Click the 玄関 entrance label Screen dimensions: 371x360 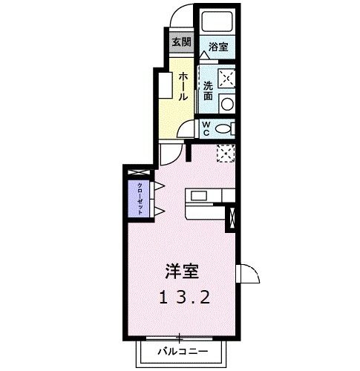pyautogui.click(x=180, y=42)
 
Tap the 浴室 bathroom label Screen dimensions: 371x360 pyautogui.click(x=217, y=47)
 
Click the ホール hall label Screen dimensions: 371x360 pyautogui.click(x=183, y=86)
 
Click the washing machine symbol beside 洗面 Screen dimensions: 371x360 pyautogui.click(x=226, y=77)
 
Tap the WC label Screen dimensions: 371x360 pyautogui.click(x=208, y=127)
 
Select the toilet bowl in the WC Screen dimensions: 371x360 pyautogui.click(x=224, y=128)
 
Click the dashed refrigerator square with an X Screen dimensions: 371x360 pyautogui.click(x=226, y=152)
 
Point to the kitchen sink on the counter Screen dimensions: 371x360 pyautogui.click(x=199, y=196)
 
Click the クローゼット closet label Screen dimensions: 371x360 pyautogui.click(x=139, y=197)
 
